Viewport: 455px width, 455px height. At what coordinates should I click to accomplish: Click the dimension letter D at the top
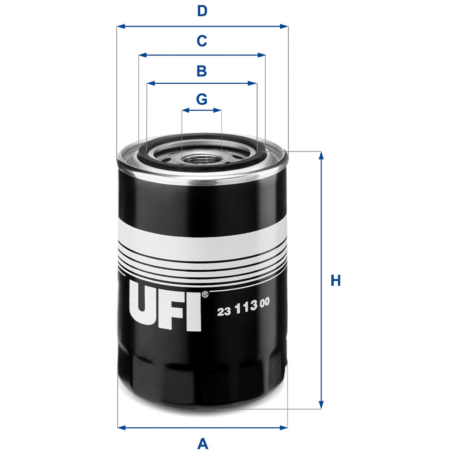(202, 11)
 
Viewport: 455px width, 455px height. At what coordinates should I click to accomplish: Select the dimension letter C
(202, 41)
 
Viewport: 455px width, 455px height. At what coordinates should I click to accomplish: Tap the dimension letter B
(202, 71)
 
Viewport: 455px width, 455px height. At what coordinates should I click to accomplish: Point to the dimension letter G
(202, 99)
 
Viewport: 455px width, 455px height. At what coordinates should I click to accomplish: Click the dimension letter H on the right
(336, 281)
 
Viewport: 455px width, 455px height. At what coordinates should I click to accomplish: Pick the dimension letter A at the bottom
(202, 443)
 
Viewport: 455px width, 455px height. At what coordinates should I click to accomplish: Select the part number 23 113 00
(244, 312)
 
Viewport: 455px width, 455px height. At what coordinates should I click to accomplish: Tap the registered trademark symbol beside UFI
(205, 294)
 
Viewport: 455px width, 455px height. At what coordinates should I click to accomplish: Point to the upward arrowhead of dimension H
(321, 155)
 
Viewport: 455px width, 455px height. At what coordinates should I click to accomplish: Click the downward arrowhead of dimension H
(321, 404)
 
